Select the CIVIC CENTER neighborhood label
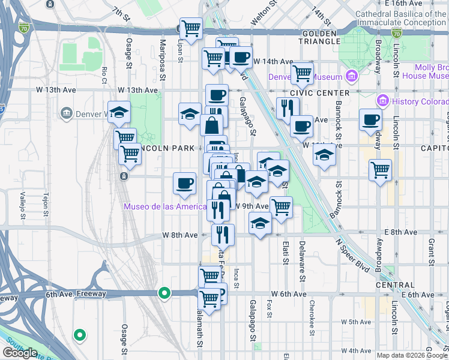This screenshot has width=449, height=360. pyautogui.click(x=319, y=93)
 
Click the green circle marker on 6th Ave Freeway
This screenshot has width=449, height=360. pyautogui.click(x=164, y=293)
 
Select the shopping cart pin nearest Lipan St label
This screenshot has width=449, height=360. pyautogui.click(x=191, y=28)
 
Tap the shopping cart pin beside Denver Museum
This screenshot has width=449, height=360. pyautogui.click(x=302, y=73)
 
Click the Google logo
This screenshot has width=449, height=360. pyautogui.click(x=20, y=353)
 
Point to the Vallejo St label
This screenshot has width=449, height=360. pyautogui.click(x=23, y=205)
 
